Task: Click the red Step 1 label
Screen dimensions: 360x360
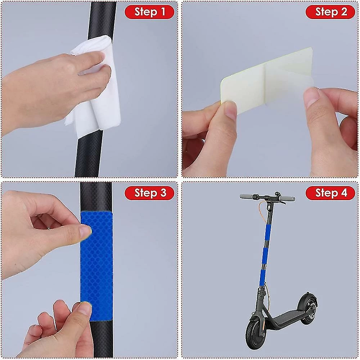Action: click(x=149, y=12)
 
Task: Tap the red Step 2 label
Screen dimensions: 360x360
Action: click(x=330, y=12)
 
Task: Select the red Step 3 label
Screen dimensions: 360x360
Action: click(x=149, y=193)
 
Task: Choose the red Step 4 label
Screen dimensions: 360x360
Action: click(x=330, y=193)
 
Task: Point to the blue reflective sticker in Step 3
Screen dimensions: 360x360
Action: click(x=96, y=265)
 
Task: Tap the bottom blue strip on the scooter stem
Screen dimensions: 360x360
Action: click(x=263, y=275)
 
